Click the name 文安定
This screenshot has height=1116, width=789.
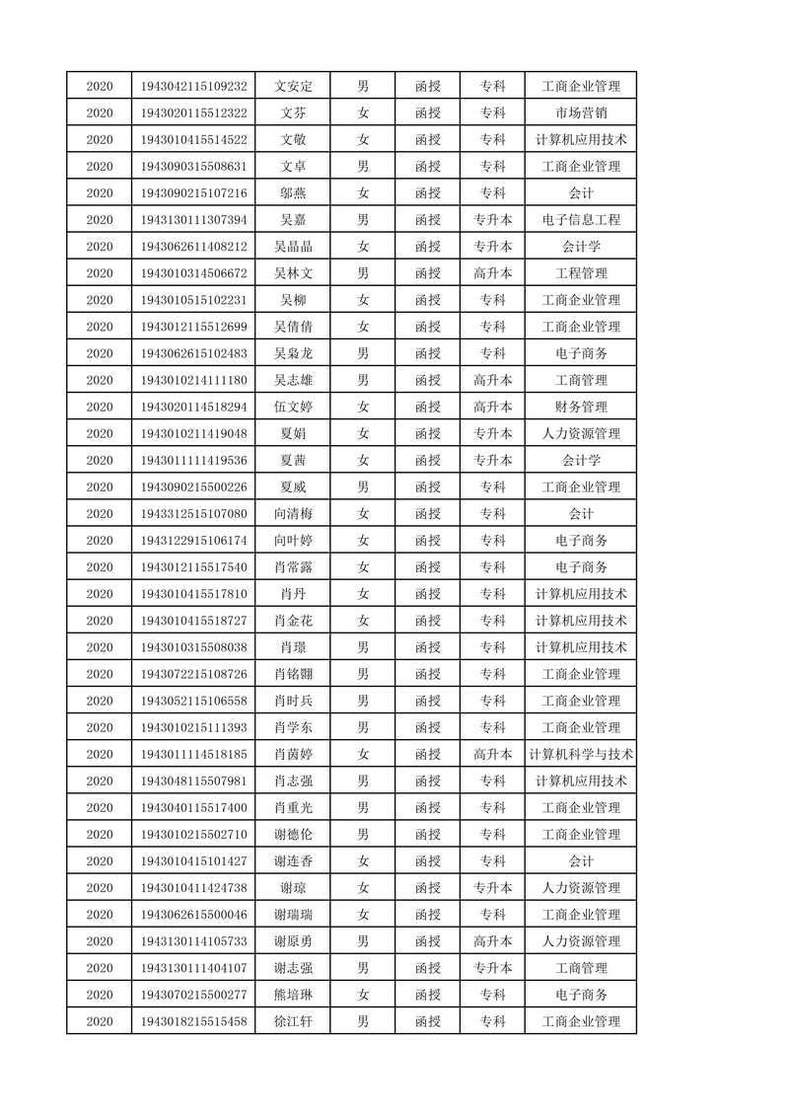pos(293,86)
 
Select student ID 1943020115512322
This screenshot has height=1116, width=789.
pos(194,112)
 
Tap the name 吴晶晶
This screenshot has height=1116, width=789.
pos(293,247)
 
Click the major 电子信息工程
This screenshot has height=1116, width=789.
pos(581,220)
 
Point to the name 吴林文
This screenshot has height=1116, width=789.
pos(293,273)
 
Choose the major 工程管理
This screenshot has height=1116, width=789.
pos(581,273)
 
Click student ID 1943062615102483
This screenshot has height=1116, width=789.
pos(194,353)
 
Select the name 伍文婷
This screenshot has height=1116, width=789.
pos(293,407)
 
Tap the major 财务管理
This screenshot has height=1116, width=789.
pos(581,407)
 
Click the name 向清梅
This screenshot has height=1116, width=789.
pos(293,514)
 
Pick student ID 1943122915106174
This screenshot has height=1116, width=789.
pos(194,541)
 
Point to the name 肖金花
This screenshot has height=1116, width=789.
pos(293,621)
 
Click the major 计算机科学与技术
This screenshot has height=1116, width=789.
pos(581,755)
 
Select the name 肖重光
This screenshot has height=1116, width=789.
pos(293,808)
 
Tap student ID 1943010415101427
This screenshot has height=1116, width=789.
pos(194,861)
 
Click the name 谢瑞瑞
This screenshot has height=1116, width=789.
pos(293,915)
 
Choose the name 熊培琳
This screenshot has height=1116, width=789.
pos(293,995)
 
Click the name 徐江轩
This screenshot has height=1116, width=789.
pos(293,1021)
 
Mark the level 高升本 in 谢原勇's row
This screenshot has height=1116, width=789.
pos(492,941)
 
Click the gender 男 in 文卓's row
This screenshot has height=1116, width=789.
pos(362,166)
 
